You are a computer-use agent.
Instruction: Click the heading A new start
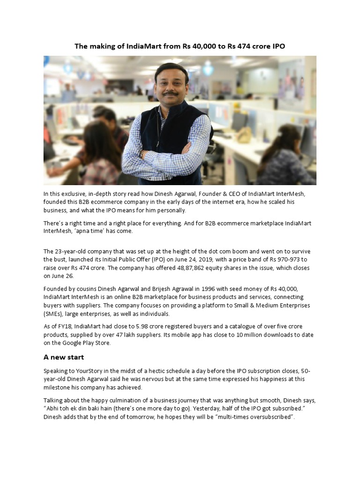point(64,357)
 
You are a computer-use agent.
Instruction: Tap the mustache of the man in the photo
point(171,93)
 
